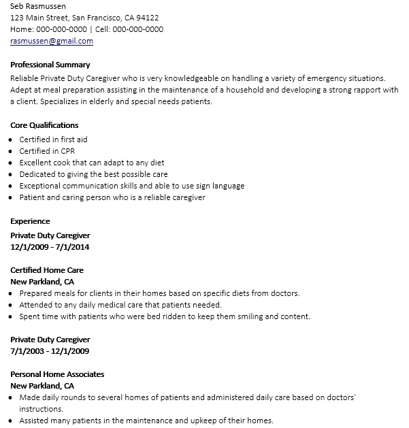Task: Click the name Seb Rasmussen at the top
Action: [38, 6]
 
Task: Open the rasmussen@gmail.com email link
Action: [52, 41]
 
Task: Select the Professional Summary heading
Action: [50, 65]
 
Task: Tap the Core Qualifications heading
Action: [45, 125]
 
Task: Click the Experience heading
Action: [31, 221]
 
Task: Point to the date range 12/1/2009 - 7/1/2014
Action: [50, 247]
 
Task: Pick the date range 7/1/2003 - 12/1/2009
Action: [50, 351]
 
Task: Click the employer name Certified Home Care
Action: [47, 270]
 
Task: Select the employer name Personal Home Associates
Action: [57, 374]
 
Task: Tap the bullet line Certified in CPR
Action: [48, 151]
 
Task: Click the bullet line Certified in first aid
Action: [53, 139]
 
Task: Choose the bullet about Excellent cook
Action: [92, 163]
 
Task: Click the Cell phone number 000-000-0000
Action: [137, 29]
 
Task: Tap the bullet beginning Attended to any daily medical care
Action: [120, 305]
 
